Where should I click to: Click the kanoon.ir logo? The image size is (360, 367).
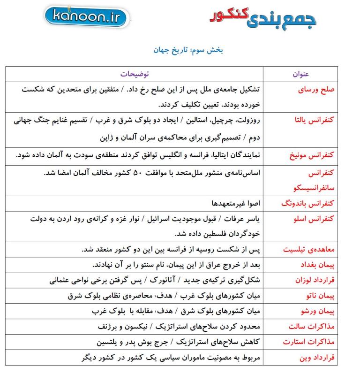(88, 17)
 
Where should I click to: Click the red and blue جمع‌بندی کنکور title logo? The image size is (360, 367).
(262, 17)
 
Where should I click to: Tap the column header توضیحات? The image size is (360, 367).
(135, 74)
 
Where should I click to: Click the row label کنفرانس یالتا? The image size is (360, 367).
(311, 120)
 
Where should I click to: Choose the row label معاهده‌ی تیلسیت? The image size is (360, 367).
(309, 249)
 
